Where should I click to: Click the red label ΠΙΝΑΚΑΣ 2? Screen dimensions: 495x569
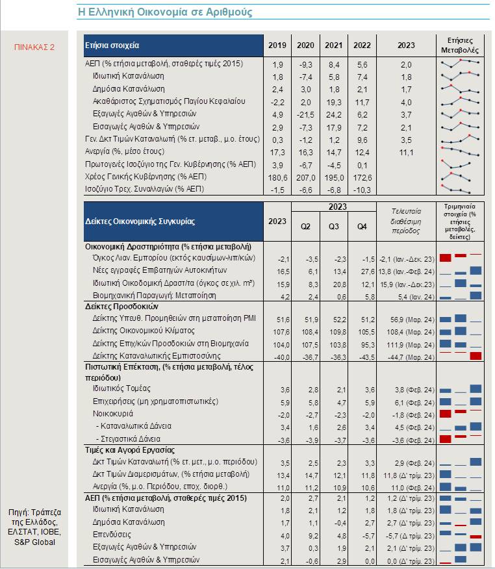coord(34,47)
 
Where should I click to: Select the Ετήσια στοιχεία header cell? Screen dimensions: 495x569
coord(173,45)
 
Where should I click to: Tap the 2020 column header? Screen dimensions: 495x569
coord(305,45)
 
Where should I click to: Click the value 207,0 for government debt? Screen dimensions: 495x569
coord(305,178)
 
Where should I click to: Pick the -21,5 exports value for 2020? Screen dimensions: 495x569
coord(305,115)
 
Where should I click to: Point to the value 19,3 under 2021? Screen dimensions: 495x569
coord(334,103)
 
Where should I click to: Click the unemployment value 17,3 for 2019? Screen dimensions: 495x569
coord(277,153)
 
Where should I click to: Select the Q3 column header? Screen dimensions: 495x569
coord(333,227)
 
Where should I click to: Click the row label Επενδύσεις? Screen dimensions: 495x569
coord(112,535)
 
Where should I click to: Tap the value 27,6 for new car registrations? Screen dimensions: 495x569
coord(368,272)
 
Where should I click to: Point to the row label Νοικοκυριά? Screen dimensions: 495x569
coord(113,414)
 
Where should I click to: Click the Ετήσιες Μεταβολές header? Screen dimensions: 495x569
coord(460,45)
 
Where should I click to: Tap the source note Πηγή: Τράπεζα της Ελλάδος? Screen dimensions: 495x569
coord(34,517)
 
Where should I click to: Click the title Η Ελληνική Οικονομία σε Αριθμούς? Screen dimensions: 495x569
coord(165,12)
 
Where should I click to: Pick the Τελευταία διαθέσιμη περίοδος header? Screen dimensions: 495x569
coord(406,221)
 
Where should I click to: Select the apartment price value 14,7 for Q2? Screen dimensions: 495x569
coord(312,475)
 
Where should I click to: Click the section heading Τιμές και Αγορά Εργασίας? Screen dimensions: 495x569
coord(129,450)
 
